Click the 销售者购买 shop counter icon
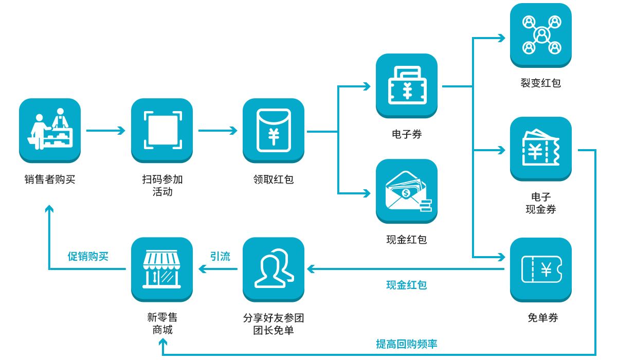click(50, 130)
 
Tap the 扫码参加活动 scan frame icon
click(162, 130)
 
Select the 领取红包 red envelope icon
click(274, 130)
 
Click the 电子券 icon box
click(407, 86)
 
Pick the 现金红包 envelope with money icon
click(407, 191)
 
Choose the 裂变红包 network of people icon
click(541, 35)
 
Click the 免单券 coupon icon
click(541, 269)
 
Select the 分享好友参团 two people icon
click(274, 269)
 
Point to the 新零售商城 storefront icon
click(162, 269)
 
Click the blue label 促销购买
click(88, 256)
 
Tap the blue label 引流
click(220, 256)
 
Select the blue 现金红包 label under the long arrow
click(406, 285)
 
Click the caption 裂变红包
click(541, 83)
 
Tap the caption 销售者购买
click(50, 179)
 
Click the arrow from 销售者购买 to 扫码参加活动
click(105, 131)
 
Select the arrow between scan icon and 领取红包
click(217, 131)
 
